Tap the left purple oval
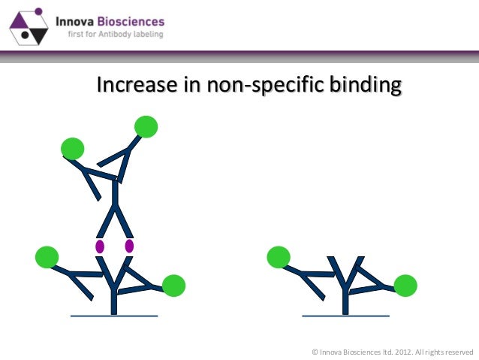[99, 246]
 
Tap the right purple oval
[129, 246]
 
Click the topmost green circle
[146, 127]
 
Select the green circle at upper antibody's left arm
[72, 149]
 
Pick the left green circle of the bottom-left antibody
[47, 257]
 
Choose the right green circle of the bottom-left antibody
[173, 286]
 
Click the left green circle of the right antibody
[279, 257]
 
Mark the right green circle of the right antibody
[405, 286]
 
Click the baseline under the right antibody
[345, 316]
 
